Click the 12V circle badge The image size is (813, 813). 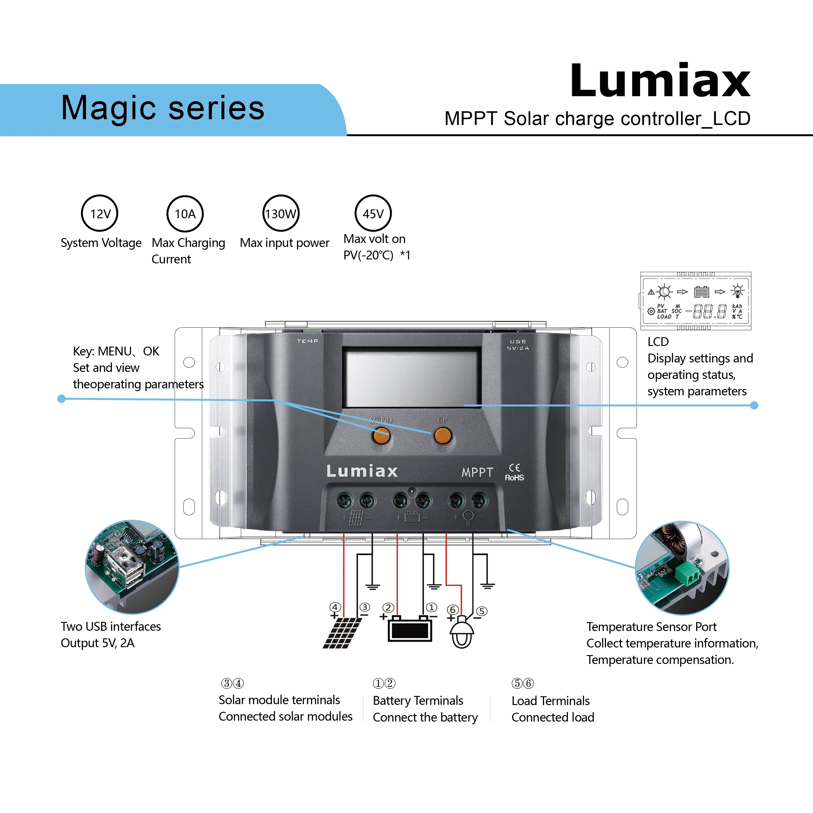tap(100, 213)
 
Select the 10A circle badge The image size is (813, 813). tap(185, 214)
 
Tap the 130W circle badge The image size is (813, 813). tap(281, 213)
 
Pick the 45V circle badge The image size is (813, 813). tap(373, 213)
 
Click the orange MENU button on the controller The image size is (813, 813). tap(381, 436)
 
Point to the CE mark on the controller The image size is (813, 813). tap(514, 468)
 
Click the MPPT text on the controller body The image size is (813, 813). tap(477, 472)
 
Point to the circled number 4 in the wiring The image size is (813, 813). tap(335, 607)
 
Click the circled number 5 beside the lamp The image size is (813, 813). tap(482, 611)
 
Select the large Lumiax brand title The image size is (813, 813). tap(660, 81)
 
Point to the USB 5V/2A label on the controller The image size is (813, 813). tap(518, 345)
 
